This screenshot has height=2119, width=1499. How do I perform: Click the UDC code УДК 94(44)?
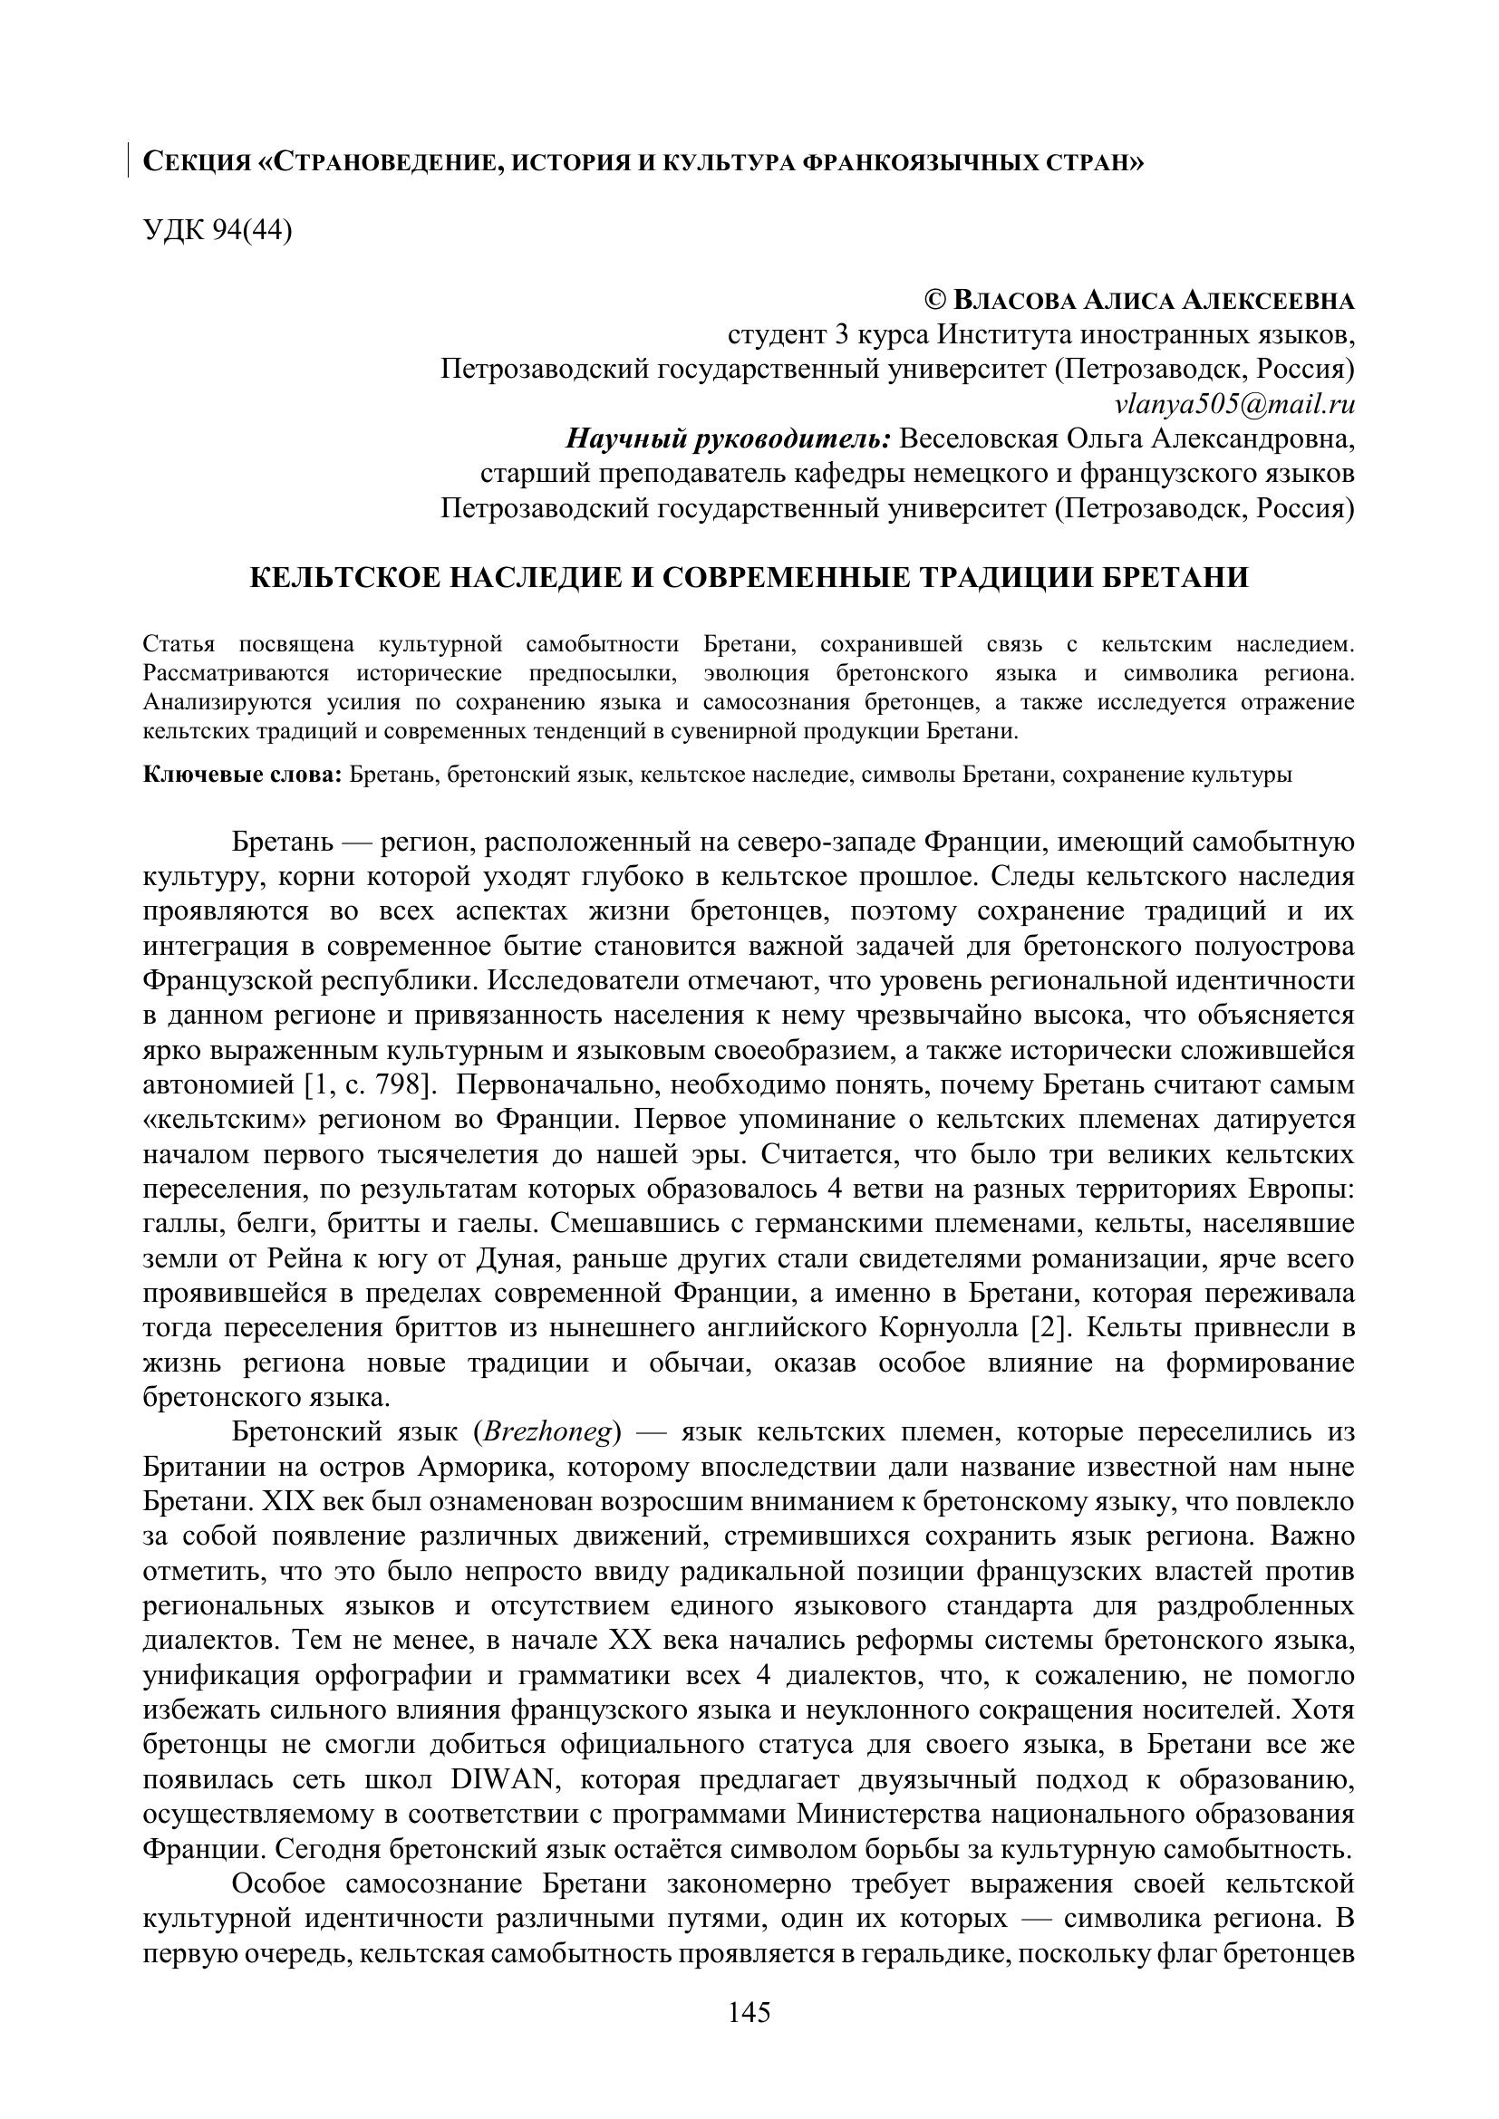(x=217, y=231)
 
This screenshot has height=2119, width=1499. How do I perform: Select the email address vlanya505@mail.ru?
(x=1235, y=403)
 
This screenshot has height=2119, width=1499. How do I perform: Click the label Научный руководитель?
(x=728, y=438)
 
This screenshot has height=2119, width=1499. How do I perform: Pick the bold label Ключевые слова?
(x=243, y=775)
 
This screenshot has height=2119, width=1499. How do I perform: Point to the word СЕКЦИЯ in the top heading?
(x=197, y=162)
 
